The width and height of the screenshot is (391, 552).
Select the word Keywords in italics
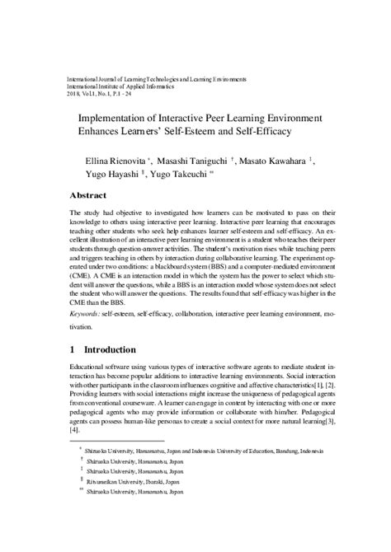click(87, 314)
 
